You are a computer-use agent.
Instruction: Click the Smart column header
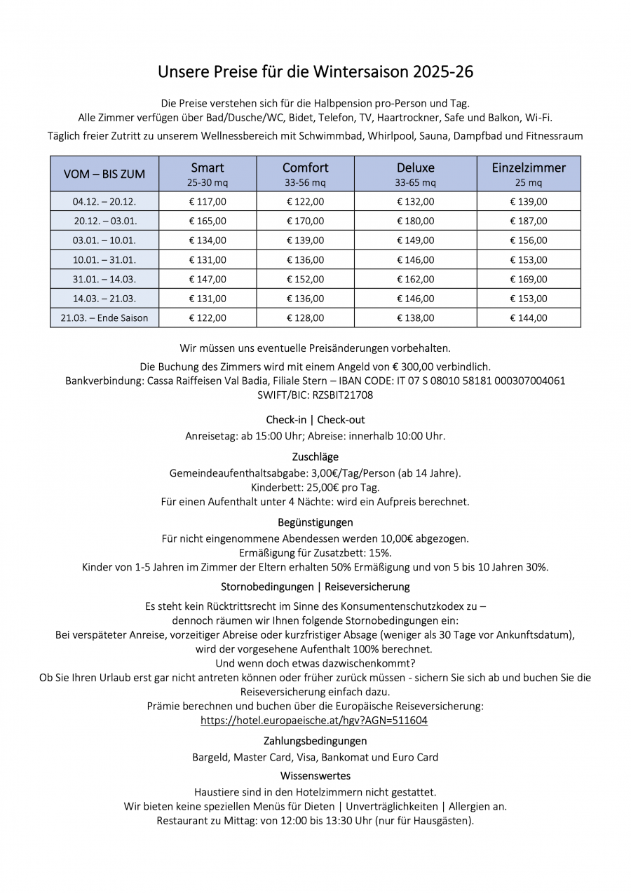pos(208,168)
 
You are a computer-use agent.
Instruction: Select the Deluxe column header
pos(415,168)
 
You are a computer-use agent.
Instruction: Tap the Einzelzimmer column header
pos(529,168)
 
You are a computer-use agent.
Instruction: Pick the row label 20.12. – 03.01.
pos(104,221)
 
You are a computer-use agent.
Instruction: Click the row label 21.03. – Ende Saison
pos(104,318)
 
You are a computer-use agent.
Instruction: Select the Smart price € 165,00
pos(208,221)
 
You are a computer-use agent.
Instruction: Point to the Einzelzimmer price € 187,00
pos(529,221)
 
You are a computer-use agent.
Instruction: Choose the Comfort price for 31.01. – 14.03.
pos(305,279)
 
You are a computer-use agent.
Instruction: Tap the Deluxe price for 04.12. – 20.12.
pos(415,201)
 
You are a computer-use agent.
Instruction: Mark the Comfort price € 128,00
pos(305,318)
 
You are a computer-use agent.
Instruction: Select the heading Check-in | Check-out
pos(315,420)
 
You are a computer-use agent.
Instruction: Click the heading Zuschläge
pos(315,457)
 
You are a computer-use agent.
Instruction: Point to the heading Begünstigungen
pos(315,522)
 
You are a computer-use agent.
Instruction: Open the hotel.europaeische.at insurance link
pos(314,720)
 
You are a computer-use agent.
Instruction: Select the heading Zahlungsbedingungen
pos(315,741)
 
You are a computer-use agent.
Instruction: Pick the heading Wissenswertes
pos(315,776)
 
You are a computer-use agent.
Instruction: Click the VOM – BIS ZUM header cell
pos(104,174)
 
